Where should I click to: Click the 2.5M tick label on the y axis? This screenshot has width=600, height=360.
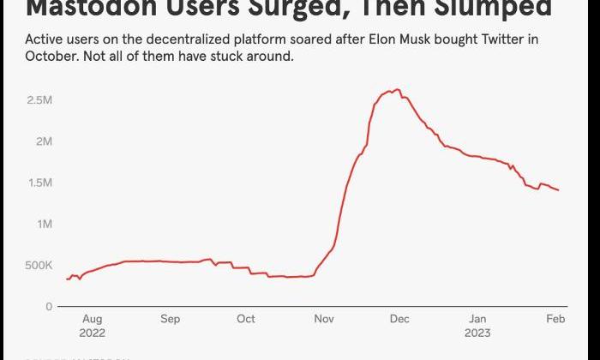(x=40, y=100)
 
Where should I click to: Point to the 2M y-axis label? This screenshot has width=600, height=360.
(x=44, y=141)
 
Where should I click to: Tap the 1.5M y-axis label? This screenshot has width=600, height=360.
(x=40, y=183)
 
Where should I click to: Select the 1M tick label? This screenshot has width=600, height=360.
(x=44, y=224)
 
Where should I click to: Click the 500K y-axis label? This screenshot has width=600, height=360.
(x=39, y=266)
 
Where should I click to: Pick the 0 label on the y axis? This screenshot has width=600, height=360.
(x=49, y=307)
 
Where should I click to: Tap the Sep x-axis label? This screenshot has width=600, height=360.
(x=170, y=319)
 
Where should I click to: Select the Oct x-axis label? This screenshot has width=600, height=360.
(x=246, y=319)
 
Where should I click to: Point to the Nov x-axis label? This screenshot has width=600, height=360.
(x=324, y=319)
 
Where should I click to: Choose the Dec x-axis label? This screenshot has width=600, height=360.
(x=399, y=319)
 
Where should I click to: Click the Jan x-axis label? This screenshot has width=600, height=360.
(x=477, y=319)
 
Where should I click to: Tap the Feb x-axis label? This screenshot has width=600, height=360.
(x=555, y=319)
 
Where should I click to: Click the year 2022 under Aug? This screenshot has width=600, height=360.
(x=92, y=333)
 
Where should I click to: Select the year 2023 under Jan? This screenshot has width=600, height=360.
(x=478, y=333)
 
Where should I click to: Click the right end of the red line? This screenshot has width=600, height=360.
(x=559, y=190)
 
